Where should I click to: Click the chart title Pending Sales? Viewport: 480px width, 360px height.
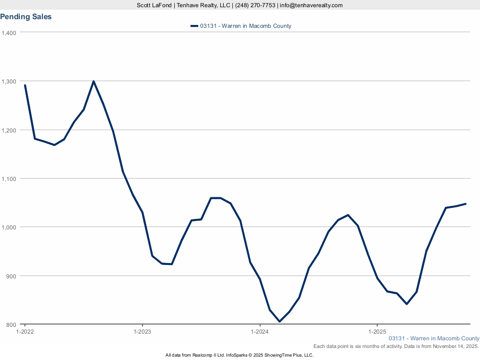[x=26, y=17]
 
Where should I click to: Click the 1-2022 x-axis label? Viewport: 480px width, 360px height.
[x=25, y=332]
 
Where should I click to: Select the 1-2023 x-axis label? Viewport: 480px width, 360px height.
[x=142, y=332]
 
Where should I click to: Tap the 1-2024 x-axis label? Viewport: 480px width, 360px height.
[x=260, y=332]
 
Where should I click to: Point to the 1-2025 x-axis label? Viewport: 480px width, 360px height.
[x=377, y=332]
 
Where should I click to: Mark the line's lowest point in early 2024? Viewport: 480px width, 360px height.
[x=279, y=322]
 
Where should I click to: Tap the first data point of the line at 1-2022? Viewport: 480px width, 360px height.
[x=25, y=85]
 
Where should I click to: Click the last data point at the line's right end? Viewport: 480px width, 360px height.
[x=466, y=204]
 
